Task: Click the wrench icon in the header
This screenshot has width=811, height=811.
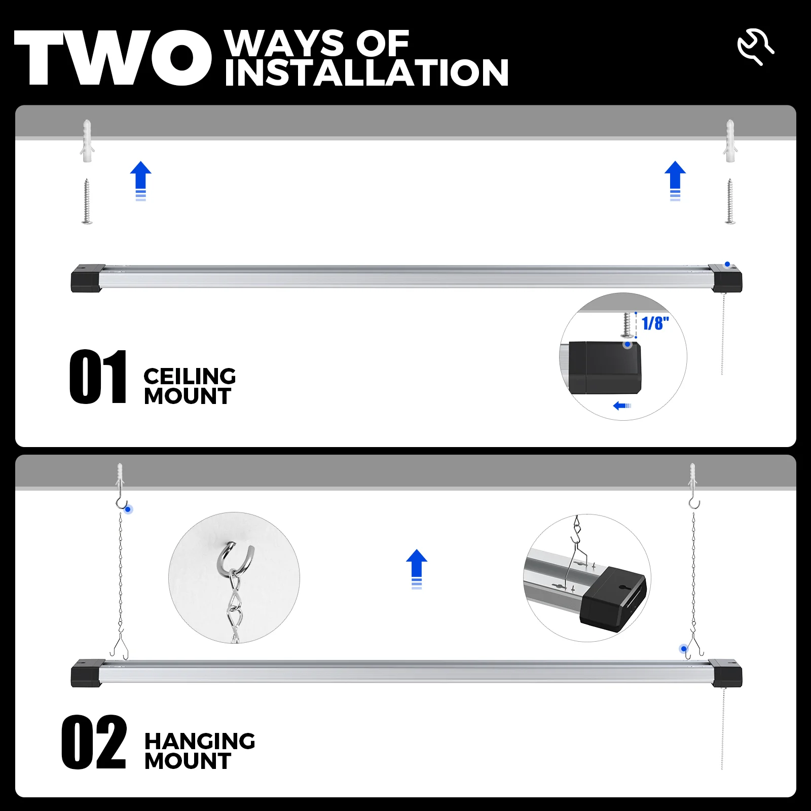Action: (x=755, y=47)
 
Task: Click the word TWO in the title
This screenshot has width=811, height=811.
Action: (x=113, y=58)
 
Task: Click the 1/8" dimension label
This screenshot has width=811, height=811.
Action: (x=655, y=323)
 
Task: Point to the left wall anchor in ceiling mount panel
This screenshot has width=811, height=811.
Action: (x=87, y=140)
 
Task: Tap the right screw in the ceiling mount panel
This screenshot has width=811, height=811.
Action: (x=730, y=201)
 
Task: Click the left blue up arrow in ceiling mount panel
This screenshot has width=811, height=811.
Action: (x=141, y=180)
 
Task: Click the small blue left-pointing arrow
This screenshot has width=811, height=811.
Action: (x=621, y=405)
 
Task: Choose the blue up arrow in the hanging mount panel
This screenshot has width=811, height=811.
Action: (x=417, y=568)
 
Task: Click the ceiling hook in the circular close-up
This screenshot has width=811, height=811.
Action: (x=235, y=558)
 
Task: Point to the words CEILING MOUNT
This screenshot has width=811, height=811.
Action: (x=189, y=386)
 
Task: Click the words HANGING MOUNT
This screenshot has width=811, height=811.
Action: (x=199, y=751)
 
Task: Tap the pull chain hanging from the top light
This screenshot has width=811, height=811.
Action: (x=723, y=335)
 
